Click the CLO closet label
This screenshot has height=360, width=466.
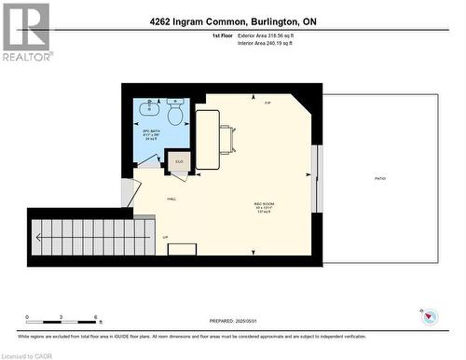pyautogui.click(x=180, y=160)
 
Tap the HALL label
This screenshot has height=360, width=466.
pyautogui.click(x=172, y=199)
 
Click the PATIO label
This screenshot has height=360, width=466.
pyautogui.click(x=379, y=177)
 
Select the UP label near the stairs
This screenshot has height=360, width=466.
pyautogui.click(x=166, y=237)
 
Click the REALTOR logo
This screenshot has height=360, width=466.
pyautogui.click(x=26, y=32)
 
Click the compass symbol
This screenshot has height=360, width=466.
pyautogui.click(x=429, y=317)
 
